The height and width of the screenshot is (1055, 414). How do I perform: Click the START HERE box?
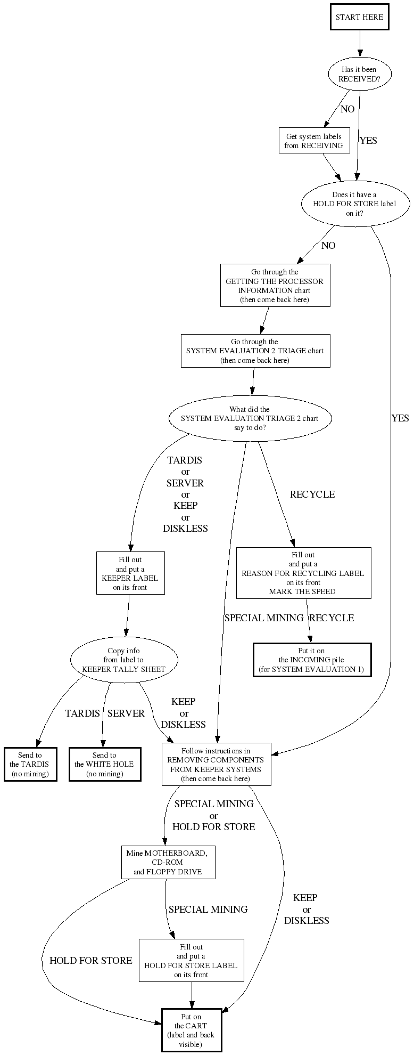click(359, 17)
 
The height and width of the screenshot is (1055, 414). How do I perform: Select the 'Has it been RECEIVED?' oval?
click(360, 74)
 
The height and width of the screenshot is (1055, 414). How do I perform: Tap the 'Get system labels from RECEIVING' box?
click(314, 141)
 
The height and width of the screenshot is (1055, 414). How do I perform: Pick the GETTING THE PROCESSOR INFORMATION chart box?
click(275, 286)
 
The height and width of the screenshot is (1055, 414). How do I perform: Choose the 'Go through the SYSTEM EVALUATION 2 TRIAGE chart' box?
click(255, 351)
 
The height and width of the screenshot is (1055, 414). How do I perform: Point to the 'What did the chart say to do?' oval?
click(250, 419)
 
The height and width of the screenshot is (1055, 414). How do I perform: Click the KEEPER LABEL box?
click(130, 573)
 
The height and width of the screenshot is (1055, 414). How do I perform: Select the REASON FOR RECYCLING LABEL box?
click(303, 573)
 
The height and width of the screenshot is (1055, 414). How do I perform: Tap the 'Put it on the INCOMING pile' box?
click(311, 660)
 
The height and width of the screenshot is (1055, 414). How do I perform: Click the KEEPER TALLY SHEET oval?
click(124, 660)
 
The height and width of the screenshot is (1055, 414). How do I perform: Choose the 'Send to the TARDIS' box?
click(30, 764)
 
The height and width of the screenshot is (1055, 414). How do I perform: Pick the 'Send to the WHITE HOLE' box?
click(104, 764)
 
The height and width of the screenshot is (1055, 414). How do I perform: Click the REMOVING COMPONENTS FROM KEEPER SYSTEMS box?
click(216, 764)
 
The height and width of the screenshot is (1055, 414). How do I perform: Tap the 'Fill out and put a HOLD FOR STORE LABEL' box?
click(191, 960)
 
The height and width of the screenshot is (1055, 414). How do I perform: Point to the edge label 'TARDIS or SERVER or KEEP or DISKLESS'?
click(185, 494)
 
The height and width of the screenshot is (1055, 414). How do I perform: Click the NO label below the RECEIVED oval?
click(347, 109)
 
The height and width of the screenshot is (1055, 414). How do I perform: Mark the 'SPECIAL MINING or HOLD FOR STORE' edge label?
click(213, 815)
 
